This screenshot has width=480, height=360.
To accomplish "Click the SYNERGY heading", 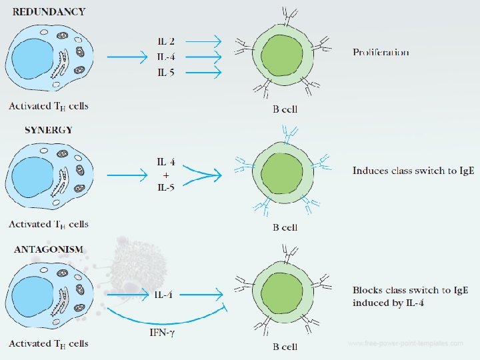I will (49, 129).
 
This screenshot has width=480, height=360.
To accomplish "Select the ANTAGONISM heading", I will (49, 249).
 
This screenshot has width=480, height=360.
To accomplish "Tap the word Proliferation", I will (381, 52).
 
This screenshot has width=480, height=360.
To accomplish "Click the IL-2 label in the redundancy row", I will (166, 41).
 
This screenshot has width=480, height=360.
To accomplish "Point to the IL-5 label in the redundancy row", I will (166, 73).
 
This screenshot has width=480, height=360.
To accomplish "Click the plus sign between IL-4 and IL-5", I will (166, 175).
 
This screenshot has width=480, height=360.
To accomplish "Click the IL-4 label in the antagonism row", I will (164, 294).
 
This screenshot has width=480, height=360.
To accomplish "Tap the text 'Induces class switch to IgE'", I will (413, 171).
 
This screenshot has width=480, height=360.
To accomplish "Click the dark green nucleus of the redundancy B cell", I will (284, 57).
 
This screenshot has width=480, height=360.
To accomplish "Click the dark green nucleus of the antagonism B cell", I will (284, 293).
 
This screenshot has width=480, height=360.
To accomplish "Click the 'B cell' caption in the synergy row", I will (285, 227).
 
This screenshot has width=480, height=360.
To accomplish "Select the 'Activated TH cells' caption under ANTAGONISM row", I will (48, 344).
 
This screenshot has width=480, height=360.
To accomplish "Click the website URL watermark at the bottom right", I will (405, 343).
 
